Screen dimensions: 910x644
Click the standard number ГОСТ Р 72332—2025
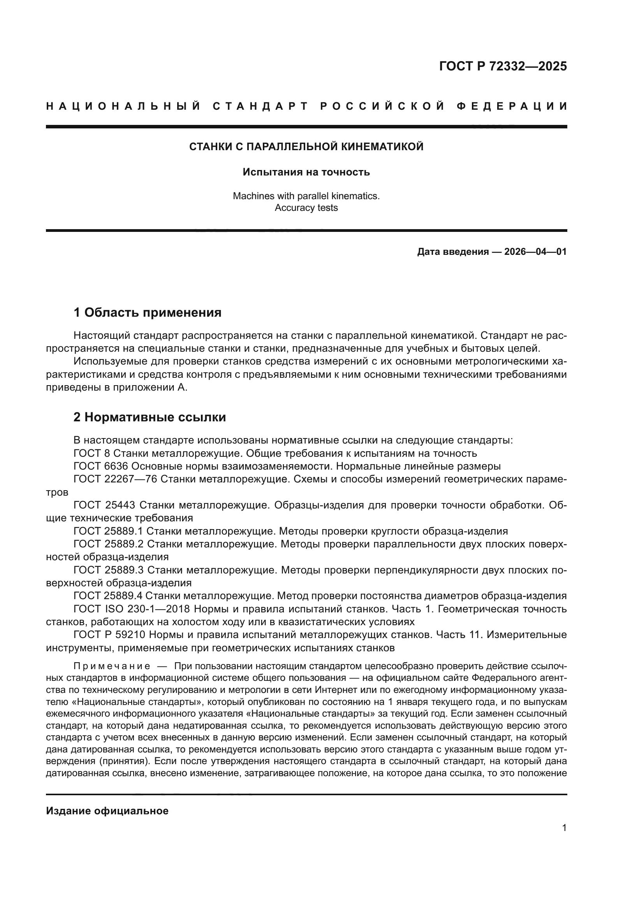(503, 66)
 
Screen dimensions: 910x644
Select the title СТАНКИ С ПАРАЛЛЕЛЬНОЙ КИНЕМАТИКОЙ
(306, 147)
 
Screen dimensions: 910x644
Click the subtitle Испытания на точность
(306, 172)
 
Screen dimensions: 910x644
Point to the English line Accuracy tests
(306, 208)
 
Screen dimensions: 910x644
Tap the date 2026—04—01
(535, 252)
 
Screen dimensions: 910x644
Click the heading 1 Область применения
(148, 313)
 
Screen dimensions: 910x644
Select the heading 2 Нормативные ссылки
(150, 417)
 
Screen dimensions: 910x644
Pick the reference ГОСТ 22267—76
(115, 479)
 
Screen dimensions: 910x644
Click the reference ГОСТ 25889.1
(108, 531)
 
